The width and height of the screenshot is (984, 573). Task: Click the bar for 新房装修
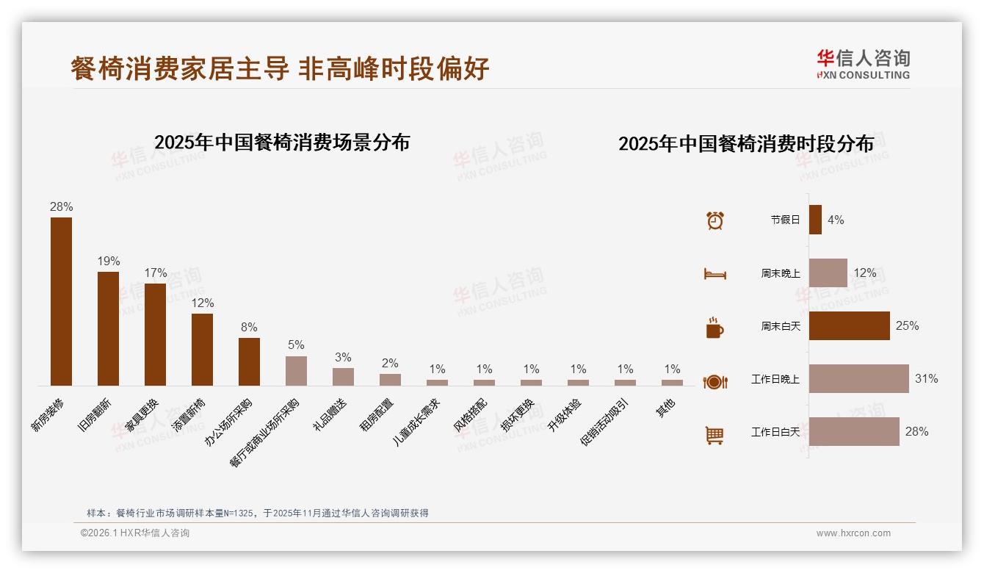click(x=61, y=301)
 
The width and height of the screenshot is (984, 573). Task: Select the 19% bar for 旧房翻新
click(x=108, y=328)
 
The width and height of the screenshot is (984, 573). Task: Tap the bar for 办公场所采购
click(x=249, y=361)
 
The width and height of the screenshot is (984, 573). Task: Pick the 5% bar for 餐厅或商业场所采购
click(x=296, y=371)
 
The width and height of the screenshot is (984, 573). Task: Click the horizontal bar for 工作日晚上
click(x=858, y=379)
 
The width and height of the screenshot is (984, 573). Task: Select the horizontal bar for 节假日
click(x=815, y=220)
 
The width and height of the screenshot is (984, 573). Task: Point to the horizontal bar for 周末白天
click(x=849, y=325)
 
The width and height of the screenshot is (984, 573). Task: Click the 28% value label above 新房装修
click(x=61, y=207)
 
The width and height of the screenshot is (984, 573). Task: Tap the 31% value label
click(x=926, y=379)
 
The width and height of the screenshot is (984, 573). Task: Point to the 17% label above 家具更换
click(x=155, y=273)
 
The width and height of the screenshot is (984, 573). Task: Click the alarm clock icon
click(x=715, y=220)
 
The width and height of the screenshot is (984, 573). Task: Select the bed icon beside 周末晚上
click(x=715, y=274)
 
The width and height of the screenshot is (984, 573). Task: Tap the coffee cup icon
click(x=715, y=328)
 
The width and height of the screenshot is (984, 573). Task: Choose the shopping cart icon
click(x=715, y=435)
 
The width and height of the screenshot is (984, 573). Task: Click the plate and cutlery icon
click(x=715, y=381)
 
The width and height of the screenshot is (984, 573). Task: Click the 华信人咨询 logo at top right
click(x=863, y=64)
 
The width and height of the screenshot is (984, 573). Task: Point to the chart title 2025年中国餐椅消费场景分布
click(x=282, y=143)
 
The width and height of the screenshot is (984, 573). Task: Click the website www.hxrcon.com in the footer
click(x=853, y=533)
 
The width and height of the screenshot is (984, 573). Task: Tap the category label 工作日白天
click(x=775, y=432)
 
